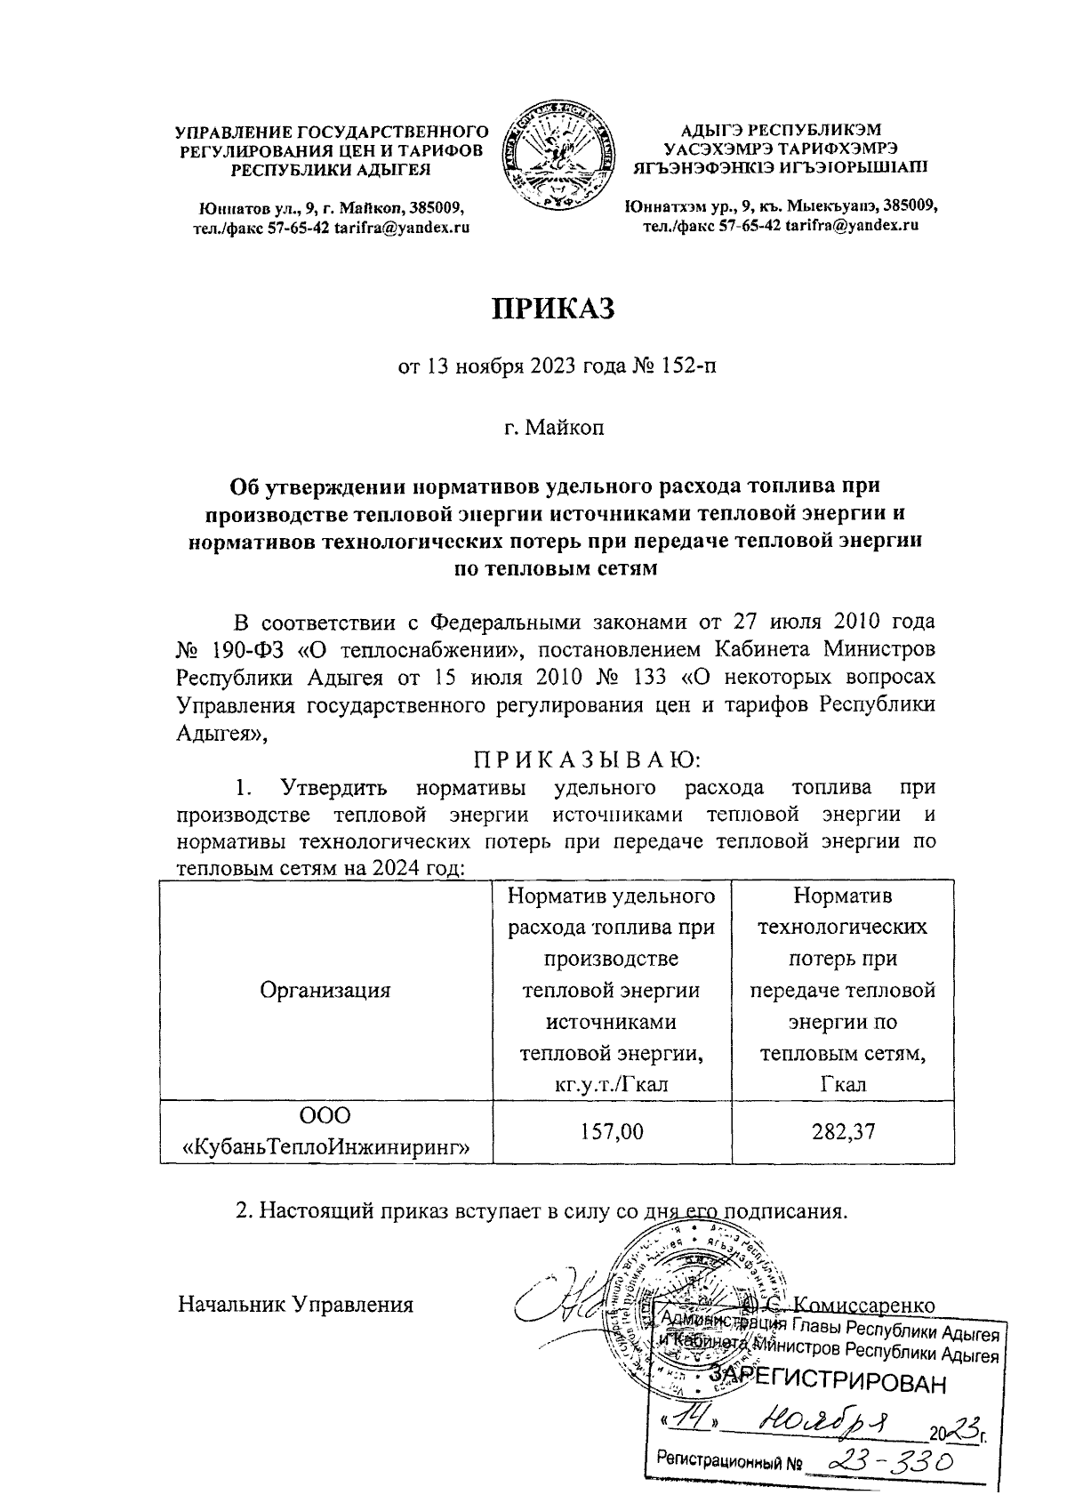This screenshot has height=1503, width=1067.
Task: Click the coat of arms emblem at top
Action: point(558,158)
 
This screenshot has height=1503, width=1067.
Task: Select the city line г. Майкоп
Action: point(554,430)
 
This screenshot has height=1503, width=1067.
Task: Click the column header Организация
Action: point(325,990)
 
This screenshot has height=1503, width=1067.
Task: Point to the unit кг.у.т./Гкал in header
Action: point(610,1083)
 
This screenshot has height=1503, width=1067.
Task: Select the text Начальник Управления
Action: point(296,1305)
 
